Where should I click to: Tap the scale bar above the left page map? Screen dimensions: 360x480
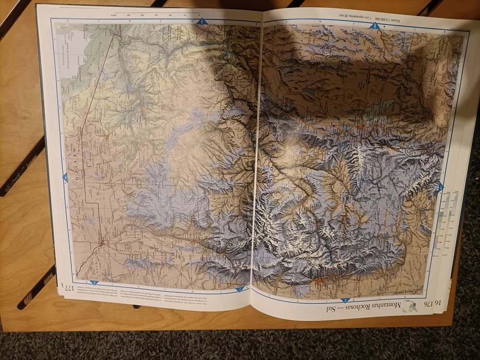pyautogui.click(x=154, y=13)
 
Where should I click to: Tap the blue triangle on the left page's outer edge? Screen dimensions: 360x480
pyautogui.click(x=65, y=177)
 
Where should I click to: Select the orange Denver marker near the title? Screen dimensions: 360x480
pyautogui.click(x=318, y=281)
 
